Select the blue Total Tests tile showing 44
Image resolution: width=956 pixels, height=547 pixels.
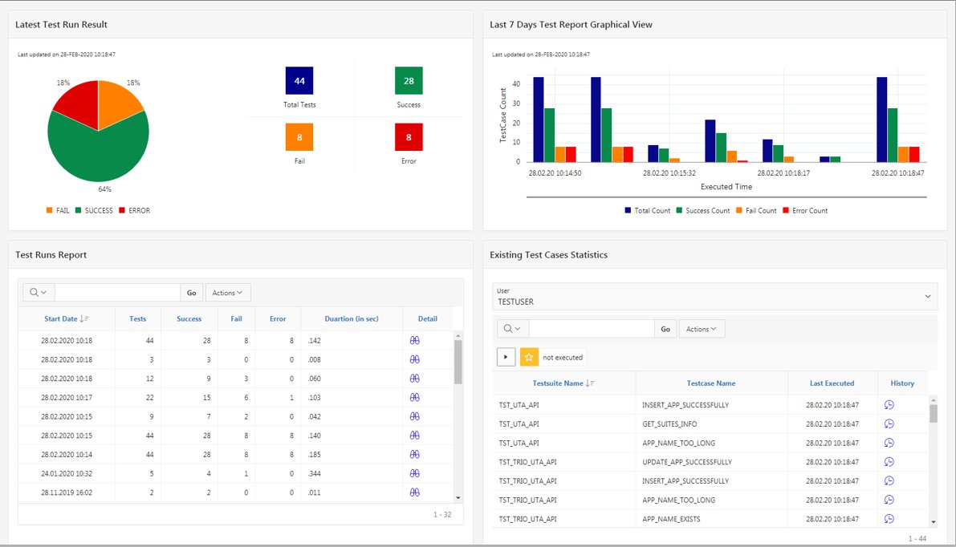(299, 81)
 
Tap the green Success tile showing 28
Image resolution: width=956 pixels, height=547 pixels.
(409, 81)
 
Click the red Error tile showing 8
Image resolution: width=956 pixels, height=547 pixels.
(409, 137)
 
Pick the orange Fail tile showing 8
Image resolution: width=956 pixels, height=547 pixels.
(299, 137)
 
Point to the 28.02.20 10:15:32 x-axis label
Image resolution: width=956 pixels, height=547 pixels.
(669, 172)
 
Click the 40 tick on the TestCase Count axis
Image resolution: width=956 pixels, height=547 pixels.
(516, 83)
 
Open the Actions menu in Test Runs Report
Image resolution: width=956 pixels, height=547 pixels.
(228, 293)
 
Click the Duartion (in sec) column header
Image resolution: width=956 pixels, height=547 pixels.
(351, 318)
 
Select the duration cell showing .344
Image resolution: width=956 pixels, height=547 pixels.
(315, 473)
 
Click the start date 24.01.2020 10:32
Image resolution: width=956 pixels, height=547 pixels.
(67, 473)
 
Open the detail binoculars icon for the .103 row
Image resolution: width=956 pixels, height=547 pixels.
(415, 397)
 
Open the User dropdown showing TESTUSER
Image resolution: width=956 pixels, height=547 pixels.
(714, 297)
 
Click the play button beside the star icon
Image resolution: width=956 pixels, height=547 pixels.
(506, 357)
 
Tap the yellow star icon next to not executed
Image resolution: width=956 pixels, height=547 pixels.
(529, 357)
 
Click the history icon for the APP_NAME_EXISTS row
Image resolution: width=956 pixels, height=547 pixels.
(889, 519)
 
